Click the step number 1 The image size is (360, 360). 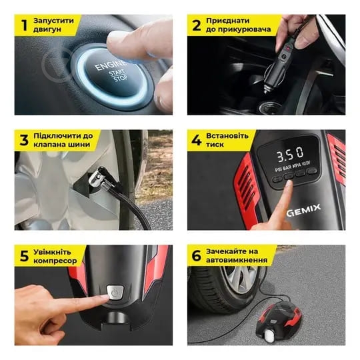pos(25,25)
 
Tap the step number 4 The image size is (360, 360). pos(197,140)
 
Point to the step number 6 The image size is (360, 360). pos(196,255)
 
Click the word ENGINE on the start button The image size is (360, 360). pos(111,65)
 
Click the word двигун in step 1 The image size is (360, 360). pos(47,29)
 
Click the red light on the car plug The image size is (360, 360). pos(286,48)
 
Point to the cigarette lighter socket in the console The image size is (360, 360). pos(270,107)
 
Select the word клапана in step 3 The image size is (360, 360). pos(47,145)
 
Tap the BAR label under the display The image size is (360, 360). pos(287,168)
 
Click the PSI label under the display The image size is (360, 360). pos(279,170)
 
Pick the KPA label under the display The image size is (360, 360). pos(297,166)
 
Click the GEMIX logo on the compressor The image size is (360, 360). pos(303,210)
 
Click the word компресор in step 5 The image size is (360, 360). pos(55,261)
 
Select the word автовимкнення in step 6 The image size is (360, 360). pos(237,260)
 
